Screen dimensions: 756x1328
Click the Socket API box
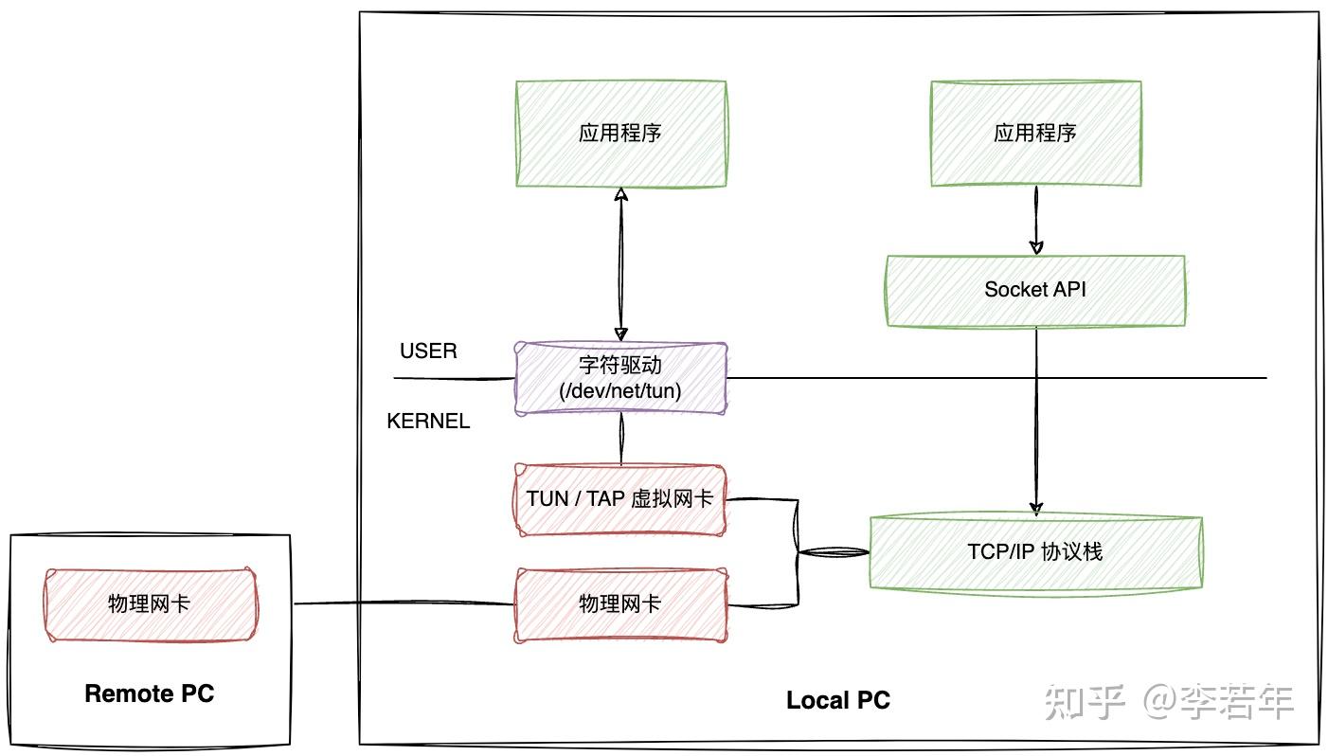click(x=1034, y=291)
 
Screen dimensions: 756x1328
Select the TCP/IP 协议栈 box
click(x=1034, y=552)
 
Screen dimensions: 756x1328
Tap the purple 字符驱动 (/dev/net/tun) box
click(x=620, y=378)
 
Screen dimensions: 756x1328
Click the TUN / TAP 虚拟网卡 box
click(x=620, y=499)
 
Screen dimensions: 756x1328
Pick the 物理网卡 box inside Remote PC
click(x=150, y=604)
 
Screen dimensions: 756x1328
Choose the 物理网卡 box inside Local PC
click(x=620, y=604)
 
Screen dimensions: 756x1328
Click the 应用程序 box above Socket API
click(x=1034, y=134)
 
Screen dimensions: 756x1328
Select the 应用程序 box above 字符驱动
click(x=620, y=134)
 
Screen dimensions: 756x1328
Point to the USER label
click(x=428, y=351)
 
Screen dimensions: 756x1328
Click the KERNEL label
click(x=428, y=422)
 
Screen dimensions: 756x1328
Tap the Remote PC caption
click(x=150, y=693)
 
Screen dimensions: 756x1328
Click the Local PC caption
click(x=838, y=701)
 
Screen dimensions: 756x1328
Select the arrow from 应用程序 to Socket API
click(x=1035, y=221)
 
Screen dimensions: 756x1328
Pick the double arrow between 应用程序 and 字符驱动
click(x=620, y=265)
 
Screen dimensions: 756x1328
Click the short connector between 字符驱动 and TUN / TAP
click(x=621, y=440)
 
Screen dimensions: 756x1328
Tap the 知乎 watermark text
click(x=1085, y=702)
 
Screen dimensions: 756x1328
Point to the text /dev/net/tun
click(x=620, y=390)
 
